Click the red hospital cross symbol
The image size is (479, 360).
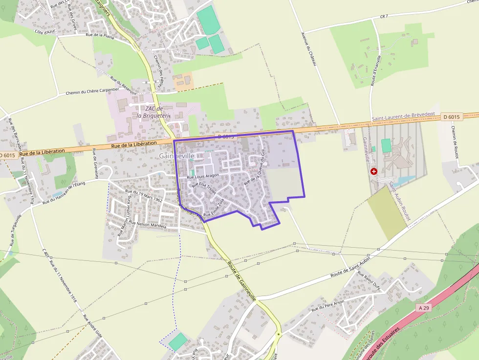[374, 171]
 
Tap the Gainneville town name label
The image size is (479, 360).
[176, 156]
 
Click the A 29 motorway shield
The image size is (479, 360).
[424, 308]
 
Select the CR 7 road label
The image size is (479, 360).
[383, 16]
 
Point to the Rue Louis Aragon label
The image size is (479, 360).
[203, 175]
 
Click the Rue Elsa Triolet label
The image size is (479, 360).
[204, 189]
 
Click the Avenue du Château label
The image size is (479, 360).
[309, 49]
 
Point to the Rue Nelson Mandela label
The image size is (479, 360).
[148, 225]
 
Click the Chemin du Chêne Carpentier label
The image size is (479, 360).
[92, 91]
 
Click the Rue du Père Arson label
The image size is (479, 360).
[328, 304]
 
